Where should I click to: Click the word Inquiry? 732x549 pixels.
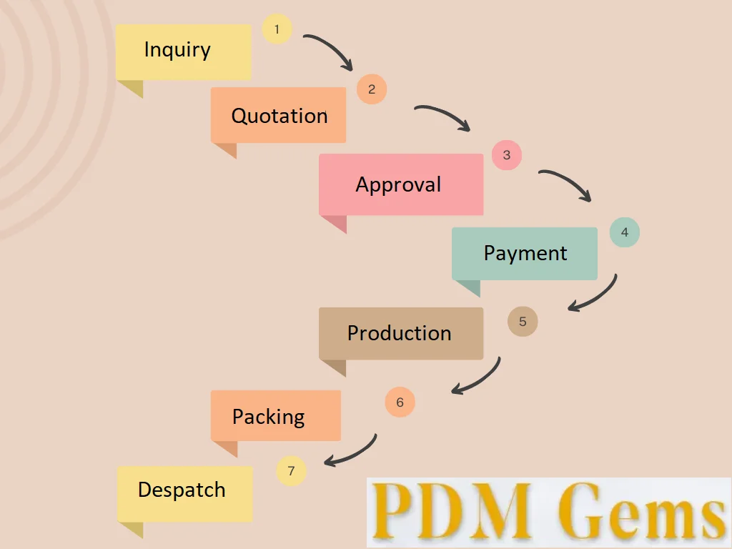tap(177, 50)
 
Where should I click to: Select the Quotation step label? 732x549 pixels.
tap(280, 116)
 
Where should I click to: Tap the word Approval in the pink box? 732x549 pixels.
tap(398, 184)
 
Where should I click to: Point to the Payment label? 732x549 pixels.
tap(525, 253)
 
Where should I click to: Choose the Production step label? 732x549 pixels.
tap(399, 333)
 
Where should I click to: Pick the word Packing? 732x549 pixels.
tap(268, 417)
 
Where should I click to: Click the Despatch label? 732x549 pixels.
tap(182, 490)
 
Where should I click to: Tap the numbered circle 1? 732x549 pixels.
tap(277, 30)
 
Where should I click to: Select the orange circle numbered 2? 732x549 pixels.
tap(372, 89)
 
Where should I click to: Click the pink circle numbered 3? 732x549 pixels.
tap(507, 155)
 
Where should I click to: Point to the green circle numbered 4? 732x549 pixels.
tap(624, 232)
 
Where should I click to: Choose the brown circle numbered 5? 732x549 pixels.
tap(523, 322)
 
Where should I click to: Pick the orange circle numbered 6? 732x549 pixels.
tap(400, 402)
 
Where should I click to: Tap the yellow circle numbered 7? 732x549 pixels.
tap(291, 471)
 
